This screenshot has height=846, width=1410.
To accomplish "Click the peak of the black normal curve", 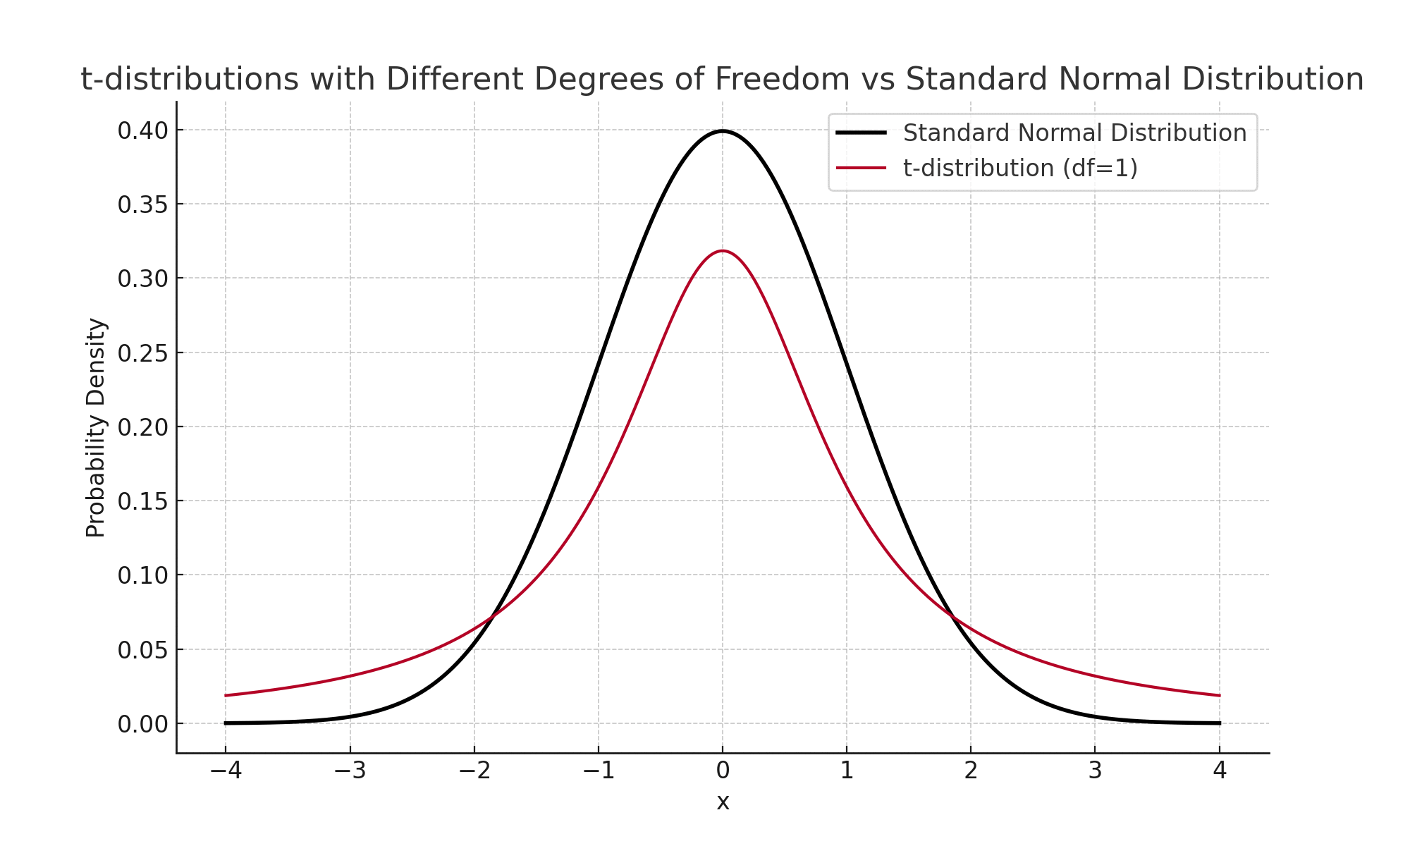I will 723,131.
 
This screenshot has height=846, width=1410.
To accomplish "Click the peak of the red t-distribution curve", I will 723,251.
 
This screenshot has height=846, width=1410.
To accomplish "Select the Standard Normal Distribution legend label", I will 1074,133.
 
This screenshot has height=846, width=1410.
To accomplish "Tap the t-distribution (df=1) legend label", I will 1020,168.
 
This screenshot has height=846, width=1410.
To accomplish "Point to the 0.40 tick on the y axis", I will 143,130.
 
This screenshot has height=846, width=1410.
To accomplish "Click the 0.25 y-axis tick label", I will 143,353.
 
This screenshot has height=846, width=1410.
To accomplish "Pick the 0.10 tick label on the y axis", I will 143,576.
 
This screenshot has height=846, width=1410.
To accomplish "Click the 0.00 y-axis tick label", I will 143,724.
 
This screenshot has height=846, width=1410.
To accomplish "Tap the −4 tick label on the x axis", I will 226,771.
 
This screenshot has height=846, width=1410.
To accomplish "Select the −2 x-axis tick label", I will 474,771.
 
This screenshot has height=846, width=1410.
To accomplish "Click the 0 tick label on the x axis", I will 723,771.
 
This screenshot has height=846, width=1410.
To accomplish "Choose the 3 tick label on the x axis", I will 1095,771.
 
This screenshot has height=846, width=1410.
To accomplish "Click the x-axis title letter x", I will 723,802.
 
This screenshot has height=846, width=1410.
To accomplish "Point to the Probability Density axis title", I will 96,427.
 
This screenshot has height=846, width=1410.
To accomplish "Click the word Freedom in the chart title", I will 782,79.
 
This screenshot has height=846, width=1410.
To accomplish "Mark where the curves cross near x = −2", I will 492,618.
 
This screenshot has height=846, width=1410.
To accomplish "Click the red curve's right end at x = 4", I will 1219,696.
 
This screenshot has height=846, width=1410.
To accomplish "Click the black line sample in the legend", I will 861,133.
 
